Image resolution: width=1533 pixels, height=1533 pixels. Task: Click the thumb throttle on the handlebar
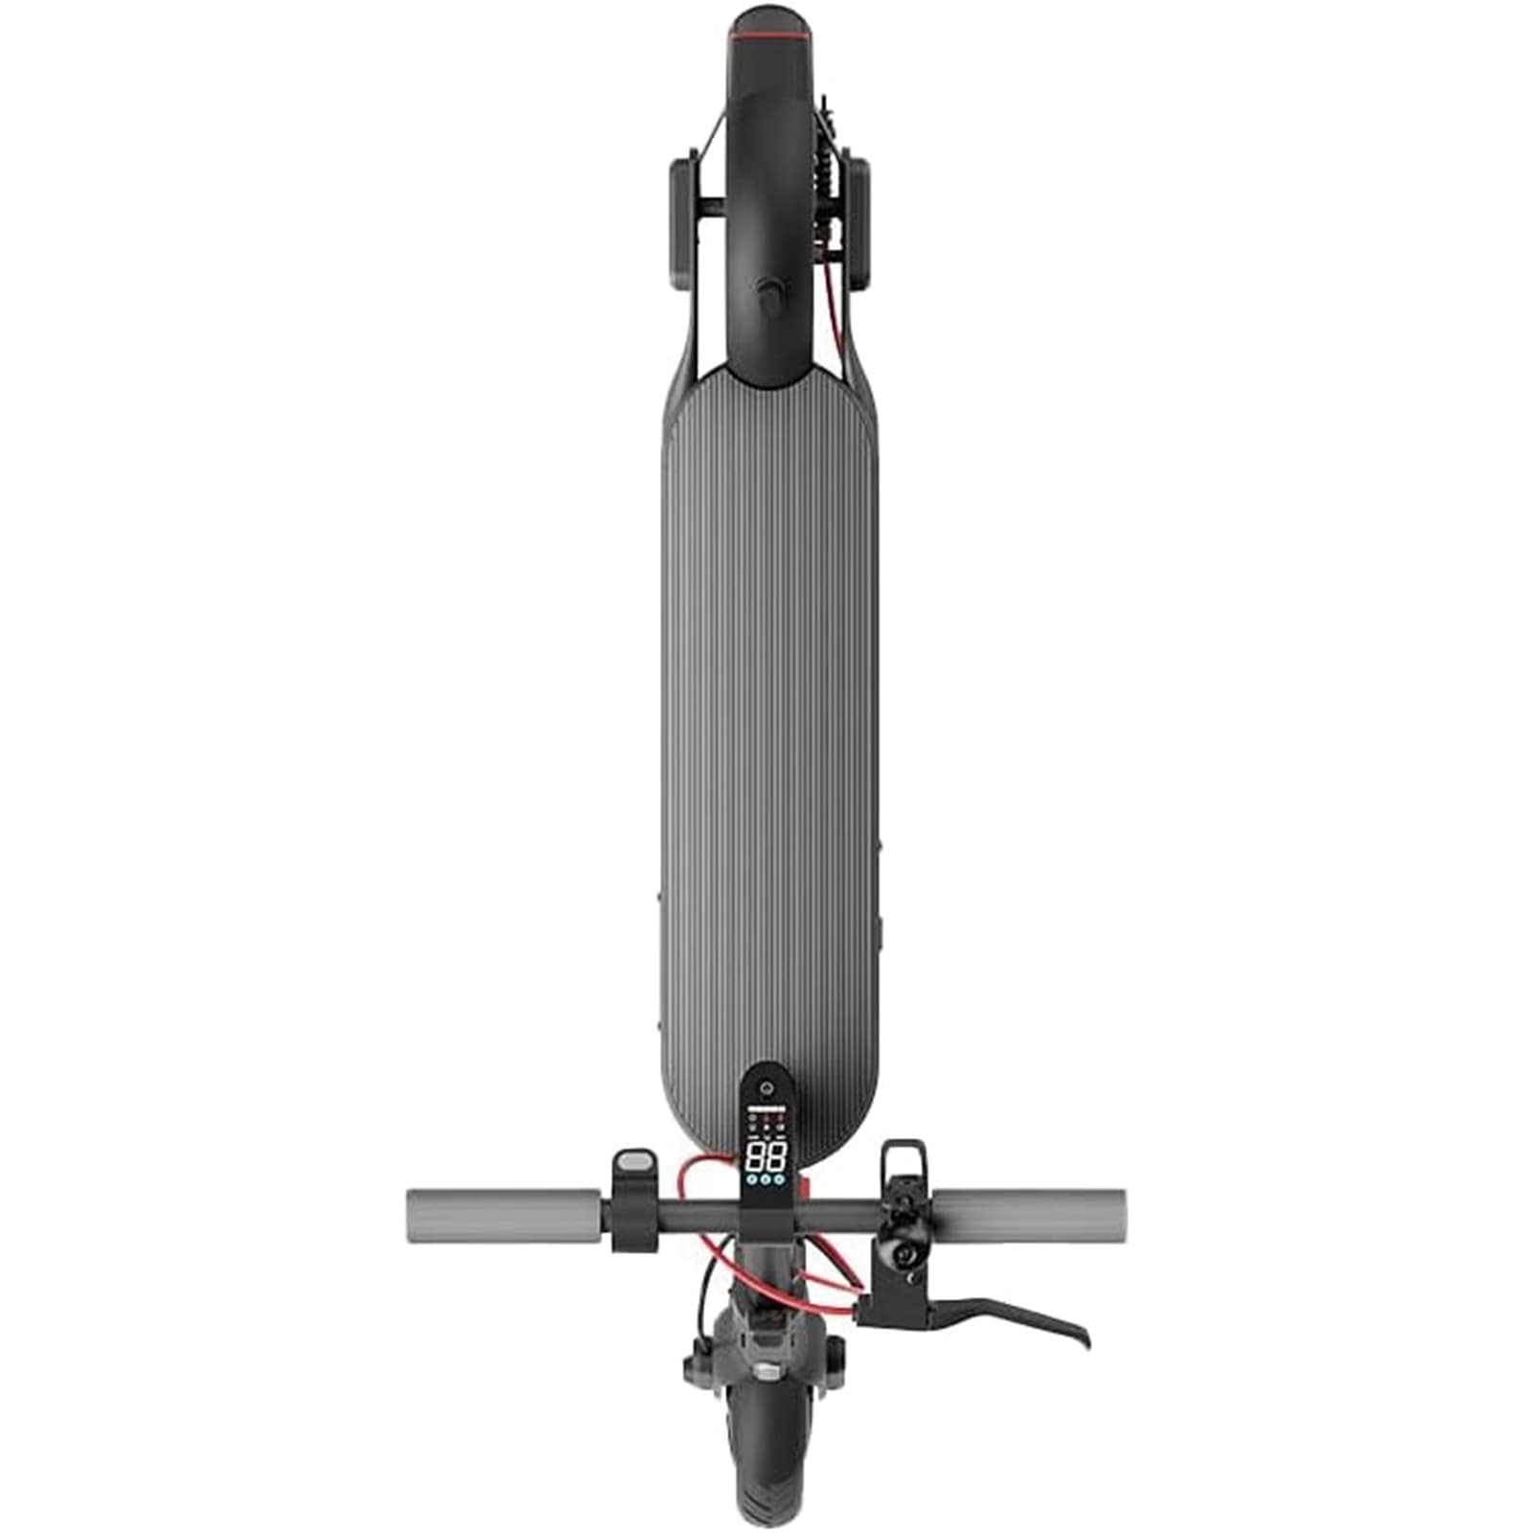(x=635, y=1162)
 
